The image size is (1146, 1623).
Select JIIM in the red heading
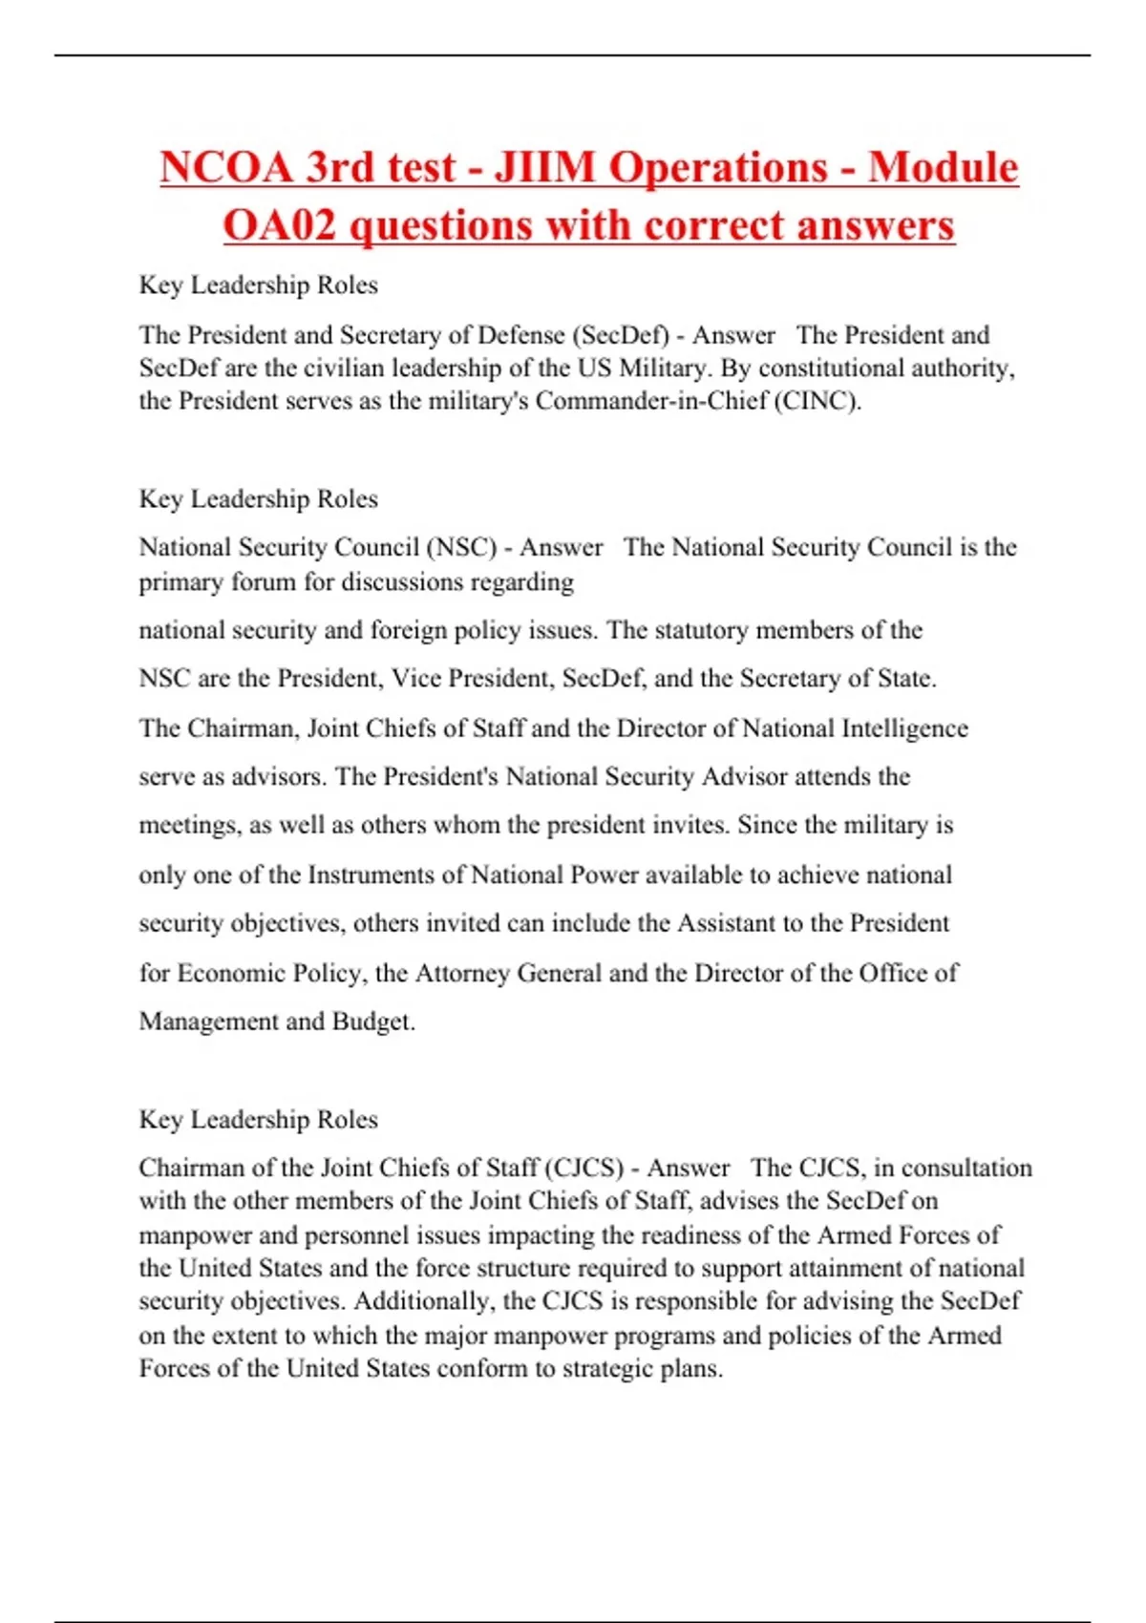[x=543, y=168]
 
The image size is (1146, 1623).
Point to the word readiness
[x=691, y=1235]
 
